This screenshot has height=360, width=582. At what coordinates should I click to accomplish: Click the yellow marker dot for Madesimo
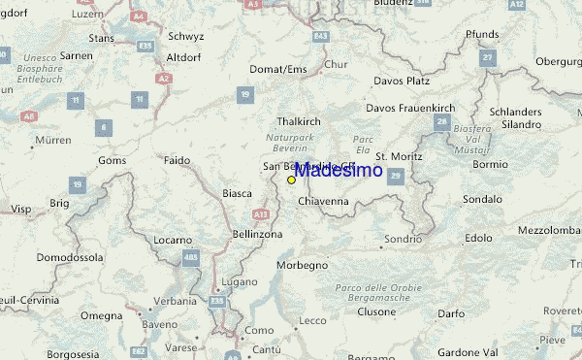pyautogui.click(x=291, y=180)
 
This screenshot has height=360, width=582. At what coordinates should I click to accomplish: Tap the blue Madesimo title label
pyautogui.click(x=338, y=171)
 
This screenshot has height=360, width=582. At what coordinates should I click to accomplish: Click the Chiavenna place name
pyautogui.click(x=323, y=201)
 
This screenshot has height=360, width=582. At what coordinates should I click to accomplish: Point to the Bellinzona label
pyautogui.click(x=257, y=235)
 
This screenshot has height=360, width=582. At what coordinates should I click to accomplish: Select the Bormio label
pyautogui.click(x=490, y=164)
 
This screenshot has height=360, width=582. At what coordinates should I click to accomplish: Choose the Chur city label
pyautogui.click(x=336, y=65)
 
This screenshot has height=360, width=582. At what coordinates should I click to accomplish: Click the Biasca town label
pyautogui.click(x=238, y=193)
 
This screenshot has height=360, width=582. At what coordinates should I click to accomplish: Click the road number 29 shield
pyautogui.click(x=396, y=175)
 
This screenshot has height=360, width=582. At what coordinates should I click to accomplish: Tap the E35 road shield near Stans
pyautogui.click(x=146, y=46)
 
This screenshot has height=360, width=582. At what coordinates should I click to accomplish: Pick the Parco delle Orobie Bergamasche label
pyautogui.click(x=378, y=293)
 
